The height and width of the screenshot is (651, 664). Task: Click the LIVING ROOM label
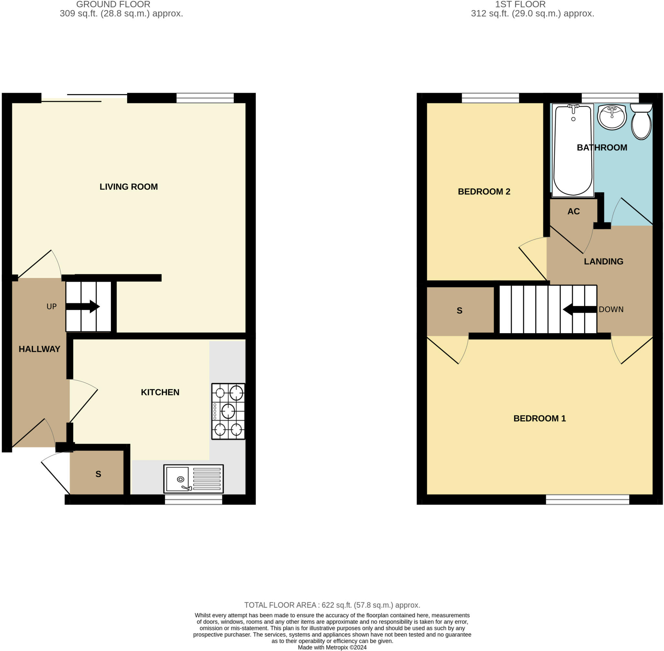(x=128, y=187)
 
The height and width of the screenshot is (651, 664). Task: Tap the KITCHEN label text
(x=160, y=392)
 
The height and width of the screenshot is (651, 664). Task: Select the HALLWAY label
(x=39, y=349)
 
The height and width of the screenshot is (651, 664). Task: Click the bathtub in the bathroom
(x=573, y=151)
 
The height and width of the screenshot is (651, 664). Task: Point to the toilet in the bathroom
(x=641, y=121)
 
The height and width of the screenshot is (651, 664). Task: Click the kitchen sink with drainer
(x=194, y=479)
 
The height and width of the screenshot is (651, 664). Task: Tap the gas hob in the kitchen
(x=228, y=411)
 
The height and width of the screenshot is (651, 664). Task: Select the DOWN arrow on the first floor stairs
(x=580, y=309)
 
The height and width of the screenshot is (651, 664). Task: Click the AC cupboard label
(x=574, y=211)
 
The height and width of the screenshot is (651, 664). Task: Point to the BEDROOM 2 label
(x=484, y=192)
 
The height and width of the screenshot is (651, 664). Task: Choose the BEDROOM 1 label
(x=539, y=418)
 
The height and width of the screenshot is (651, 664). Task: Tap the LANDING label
(x=603, y=261)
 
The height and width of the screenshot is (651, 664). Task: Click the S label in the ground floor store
(x=99, y=474)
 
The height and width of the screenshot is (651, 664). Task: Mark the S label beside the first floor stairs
(x=460, y=311)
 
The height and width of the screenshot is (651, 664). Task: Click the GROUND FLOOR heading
(x=113, y=5)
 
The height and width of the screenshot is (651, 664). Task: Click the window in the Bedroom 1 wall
(x=587, y=500)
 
